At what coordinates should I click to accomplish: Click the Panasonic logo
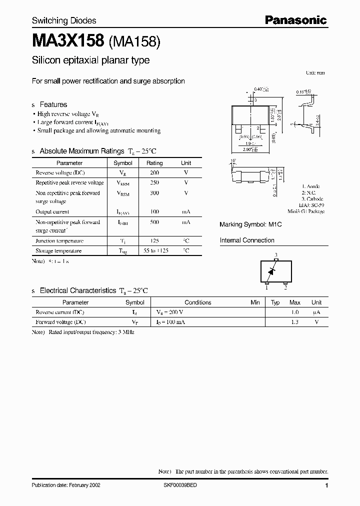(295, 20)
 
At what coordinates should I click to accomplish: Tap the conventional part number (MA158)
(133, 42)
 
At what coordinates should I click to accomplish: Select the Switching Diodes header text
(64, 20)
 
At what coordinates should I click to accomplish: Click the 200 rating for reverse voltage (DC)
(154, 172)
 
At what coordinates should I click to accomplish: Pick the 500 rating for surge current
(154, 222)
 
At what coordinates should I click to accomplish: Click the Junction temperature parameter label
(59, 241)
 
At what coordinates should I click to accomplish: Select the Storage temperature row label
(58, 251)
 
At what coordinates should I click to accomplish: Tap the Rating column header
(154, 163)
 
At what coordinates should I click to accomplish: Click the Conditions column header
(198, 302)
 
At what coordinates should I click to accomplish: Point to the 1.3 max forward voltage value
(295, 322)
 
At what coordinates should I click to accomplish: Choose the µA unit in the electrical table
(316, 312)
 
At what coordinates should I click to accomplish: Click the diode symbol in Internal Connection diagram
(272, 271)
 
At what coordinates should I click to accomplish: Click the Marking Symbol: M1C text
(250, 225)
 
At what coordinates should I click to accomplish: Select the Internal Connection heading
(247, 240)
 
